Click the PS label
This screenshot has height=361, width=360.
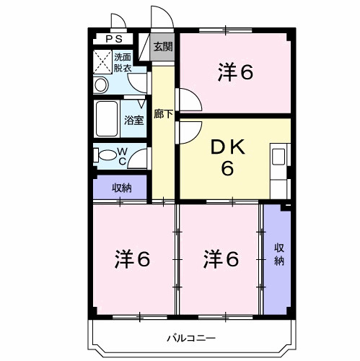pos(114,40)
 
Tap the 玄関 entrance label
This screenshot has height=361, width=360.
pos(163,48)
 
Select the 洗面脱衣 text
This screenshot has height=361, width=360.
pos(123,63)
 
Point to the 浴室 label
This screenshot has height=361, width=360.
pos(133,120)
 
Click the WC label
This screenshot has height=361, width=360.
pos(123,155)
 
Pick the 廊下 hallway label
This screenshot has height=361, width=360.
pos(163,113)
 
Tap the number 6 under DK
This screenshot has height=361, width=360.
pos(227,169)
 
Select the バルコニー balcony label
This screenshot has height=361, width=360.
pos(191,337)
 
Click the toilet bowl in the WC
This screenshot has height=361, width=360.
pos(105,155)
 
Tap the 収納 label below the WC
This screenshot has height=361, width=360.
pos(121,188)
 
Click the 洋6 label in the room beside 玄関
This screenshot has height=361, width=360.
pos(236,71)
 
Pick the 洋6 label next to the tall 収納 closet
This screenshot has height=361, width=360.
pos(221,258)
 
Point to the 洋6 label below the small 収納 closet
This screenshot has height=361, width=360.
pos(133,258)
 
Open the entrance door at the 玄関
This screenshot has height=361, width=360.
pos(158,18)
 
